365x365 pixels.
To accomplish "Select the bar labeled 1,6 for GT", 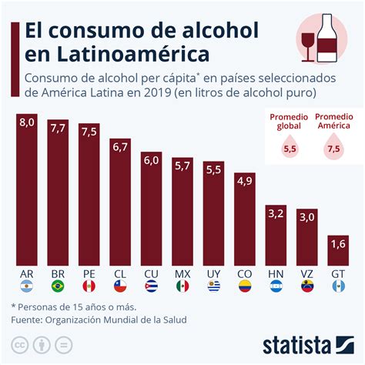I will (338, 250).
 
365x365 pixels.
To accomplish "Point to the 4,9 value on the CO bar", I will (244, 180).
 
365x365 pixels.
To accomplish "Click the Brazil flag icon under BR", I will (58, 287).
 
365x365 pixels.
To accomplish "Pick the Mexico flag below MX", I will (182, 287).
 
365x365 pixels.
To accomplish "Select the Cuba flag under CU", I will (151, 287).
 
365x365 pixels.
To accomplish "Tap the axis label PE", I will (89, 273).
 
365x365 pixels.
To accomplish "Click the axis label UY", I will (213, 273).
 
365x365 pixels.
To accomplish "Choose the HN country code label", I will (276, 273).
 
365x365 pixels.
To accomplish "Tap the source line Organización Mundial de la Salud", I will (116, 320).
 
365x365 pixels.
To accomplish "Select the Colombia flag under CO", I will (244, 287).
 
